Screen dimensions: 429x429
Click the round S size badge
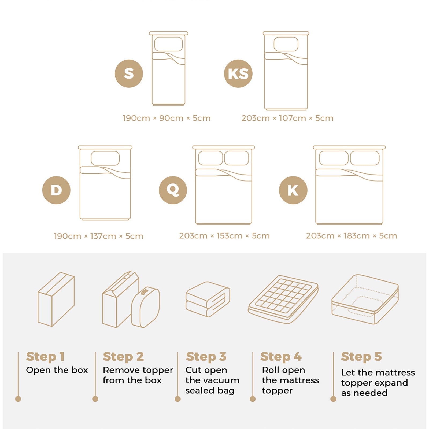click(x=129, y=73)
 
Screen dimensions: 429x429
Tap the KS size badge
click(x=238, y=73)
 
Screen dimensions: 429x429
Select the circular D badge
click(x=56, y=190)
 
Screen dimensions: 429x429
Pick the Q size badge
click(x=173, y=190)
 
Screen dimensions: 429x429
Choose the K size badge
click(x=293, y=190)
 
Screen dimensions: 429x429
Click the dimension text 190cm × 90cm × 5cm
click(x=167, y=118)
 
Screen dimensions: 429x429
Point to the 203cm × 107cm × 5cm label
click(x=287, y=118)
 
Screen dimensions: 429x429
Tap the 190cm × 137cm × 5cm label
click(x=98, y=236)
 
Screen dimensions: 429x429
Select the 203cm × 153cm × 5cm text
click(x=224, y=236)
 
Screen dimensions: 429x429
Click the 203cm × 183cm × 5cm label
click(x=352, y=236)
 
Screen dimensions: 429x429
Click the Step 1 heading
click(x=45, y=357)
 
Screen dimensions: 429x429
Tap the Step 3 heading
click(x=206, y=357)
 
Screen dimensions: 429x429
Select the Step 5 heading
click(x=361, y=357)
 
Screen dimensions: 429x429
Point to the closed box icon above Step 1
click(x=56, y=299)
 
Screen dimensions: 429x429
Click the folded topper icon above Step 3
click(x=208, y=299)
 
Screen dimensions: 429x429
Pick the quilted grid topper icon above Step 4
click(x=283, y=299)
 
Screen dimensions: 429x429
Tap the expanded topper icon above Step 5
click(x=365, y=299)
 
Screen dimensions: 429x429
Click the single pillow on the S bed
click(x=168, y=44)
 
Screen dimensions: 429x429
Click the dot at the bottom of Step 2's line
click(x=95, y=399)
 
